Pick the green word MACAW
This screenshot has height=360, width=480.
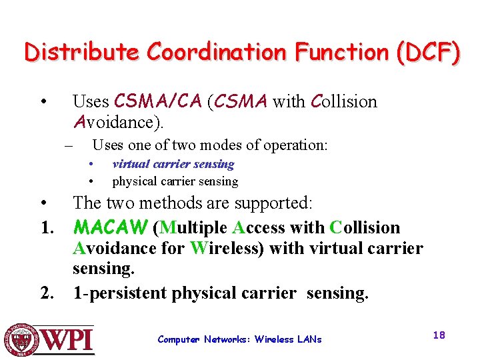[110, 228]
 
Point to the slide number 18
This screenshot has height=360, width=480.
[438, 335]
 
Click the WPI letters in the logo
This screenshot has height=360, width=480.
[68, 339]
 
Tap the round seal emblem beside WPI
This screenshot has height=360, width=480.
[21, 339]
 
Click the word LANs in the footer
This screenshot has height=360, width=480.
[309, 339]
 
